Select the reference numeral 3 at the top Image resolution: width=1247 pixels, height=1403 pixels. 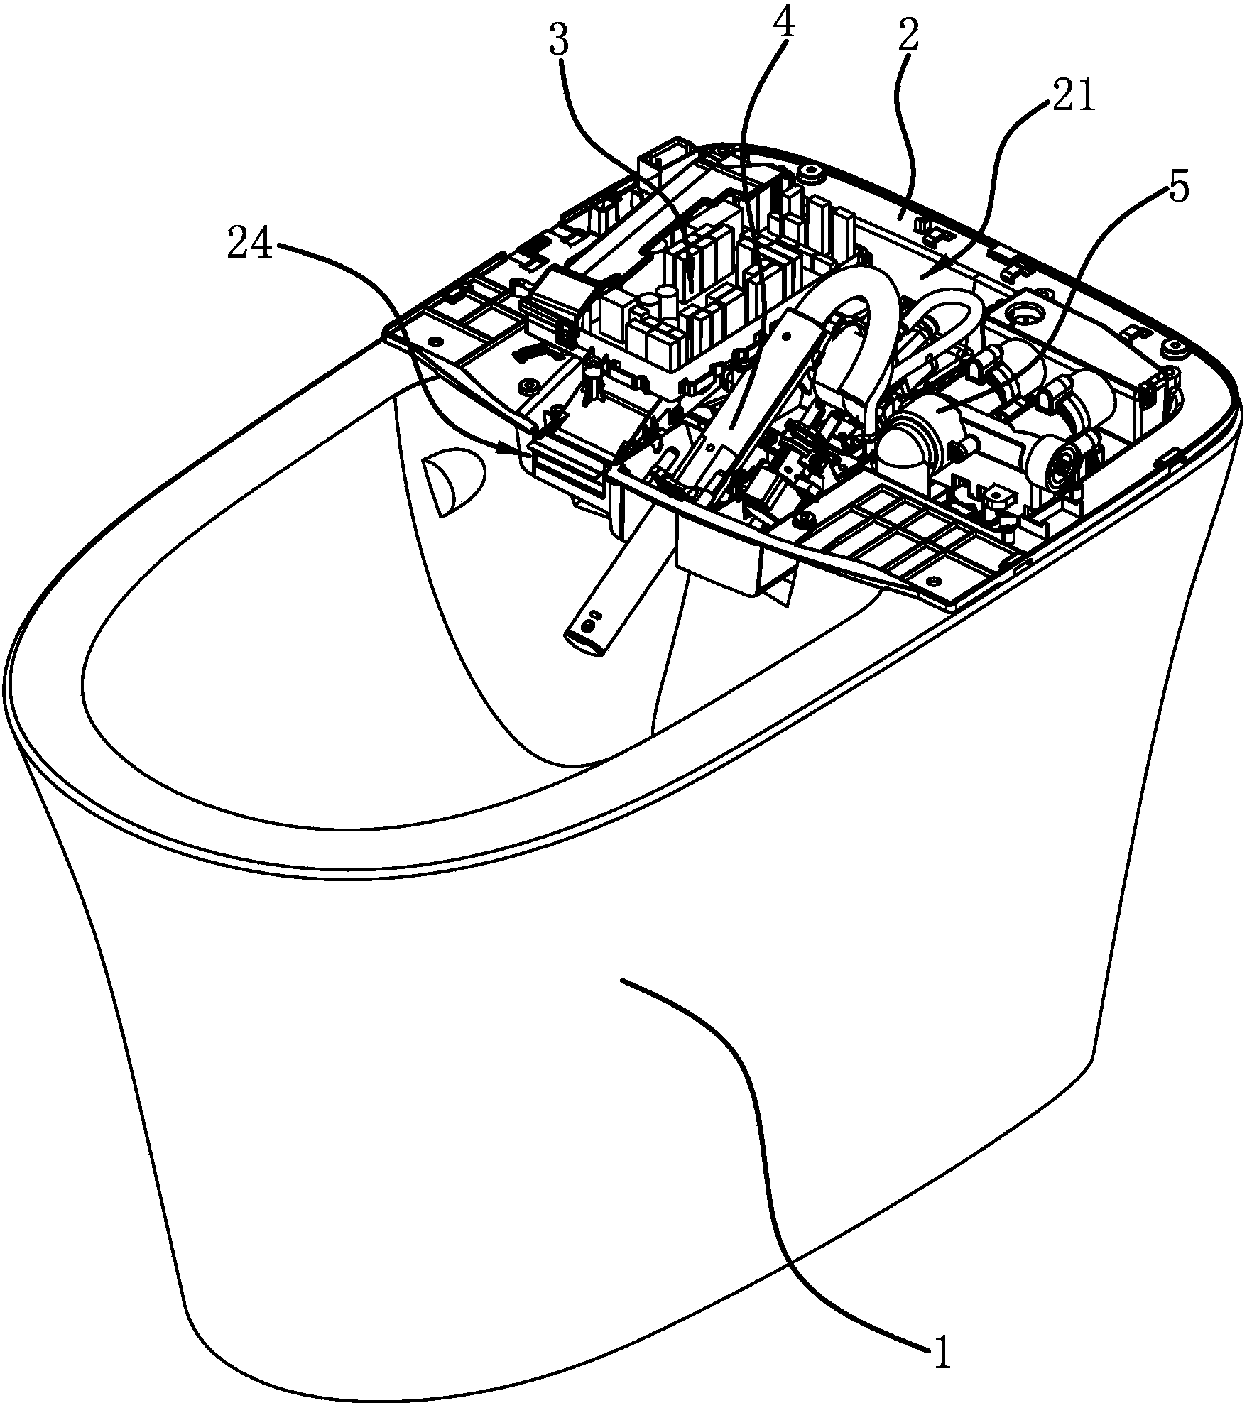[560, 43]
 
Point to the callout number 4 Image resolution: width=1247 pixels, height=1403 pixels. [782, 23]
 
